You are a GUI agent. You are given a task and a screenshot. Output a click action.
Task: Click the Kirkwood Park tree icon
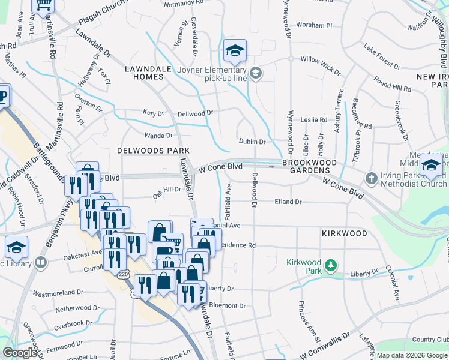pos(330,265)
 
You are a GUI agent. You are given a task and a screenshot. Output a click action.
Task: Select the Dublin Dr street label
pos(252,142)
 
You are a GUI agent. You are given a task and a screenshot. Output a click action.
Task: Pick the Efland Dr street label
pos(289,202)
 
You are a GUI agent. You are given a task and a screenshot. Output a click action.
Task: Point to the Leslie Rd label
pos(315,120)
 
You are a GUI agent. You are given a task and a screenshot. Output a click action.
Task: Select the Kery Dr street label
pos(153,112)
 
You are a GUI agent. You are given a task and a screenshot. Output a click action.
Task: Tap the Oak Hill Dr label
pos(167,191)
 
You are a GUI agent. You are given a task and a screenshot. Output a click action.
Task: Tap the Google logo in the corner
pos(20,353)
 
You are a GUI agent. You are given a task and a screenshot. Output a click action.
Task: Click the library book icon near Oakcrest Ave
pos(41,262)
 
